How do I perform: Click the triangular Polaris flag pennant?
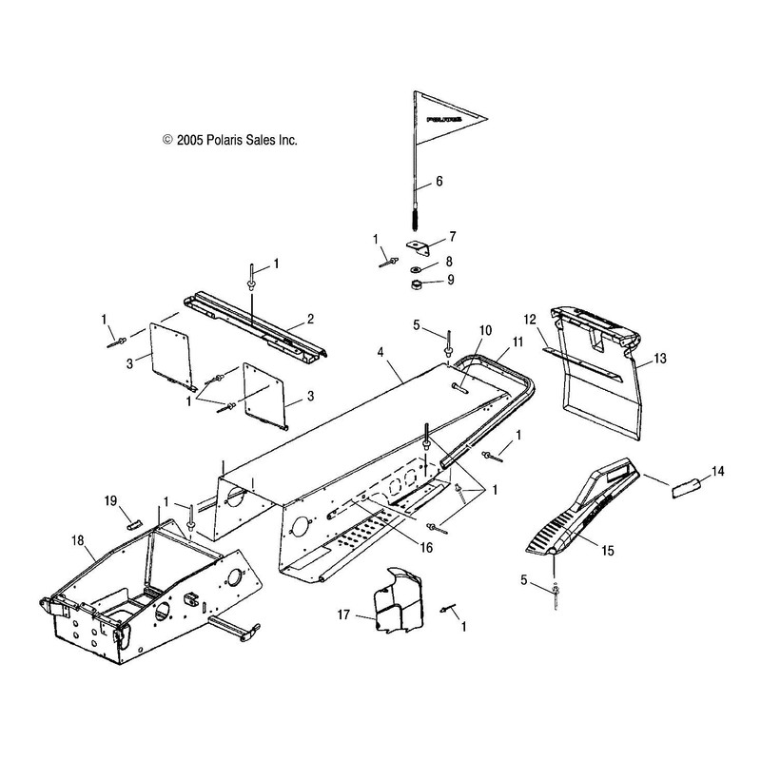point(449,118)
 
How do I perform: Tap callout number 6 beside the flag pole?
point(439,181)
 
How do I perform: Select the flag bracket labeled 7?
point(418,247)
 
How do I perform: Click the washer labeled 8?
point(416,269)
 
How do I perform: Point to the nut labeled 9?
point(416,283)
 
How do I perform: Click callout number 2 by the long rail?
point(311,319)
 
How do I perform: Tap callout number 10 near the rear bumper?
point(485,330)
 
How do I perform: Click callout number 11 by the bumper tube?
point(517,341)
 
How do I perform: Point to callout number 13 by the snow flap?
point(660,359)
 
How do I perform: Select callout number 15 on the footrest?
point(608,551)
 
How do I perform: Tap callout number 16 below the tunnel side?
point(426,548)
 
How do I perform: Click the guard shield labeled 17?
point(397,600)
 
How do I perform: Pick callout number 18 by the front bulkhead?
point(78,540)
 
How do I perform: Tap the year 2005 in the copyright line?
point(189,140)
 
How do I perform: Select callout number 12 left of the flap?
point(530,320)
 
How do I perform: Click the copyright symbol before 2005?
point(167,140)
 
